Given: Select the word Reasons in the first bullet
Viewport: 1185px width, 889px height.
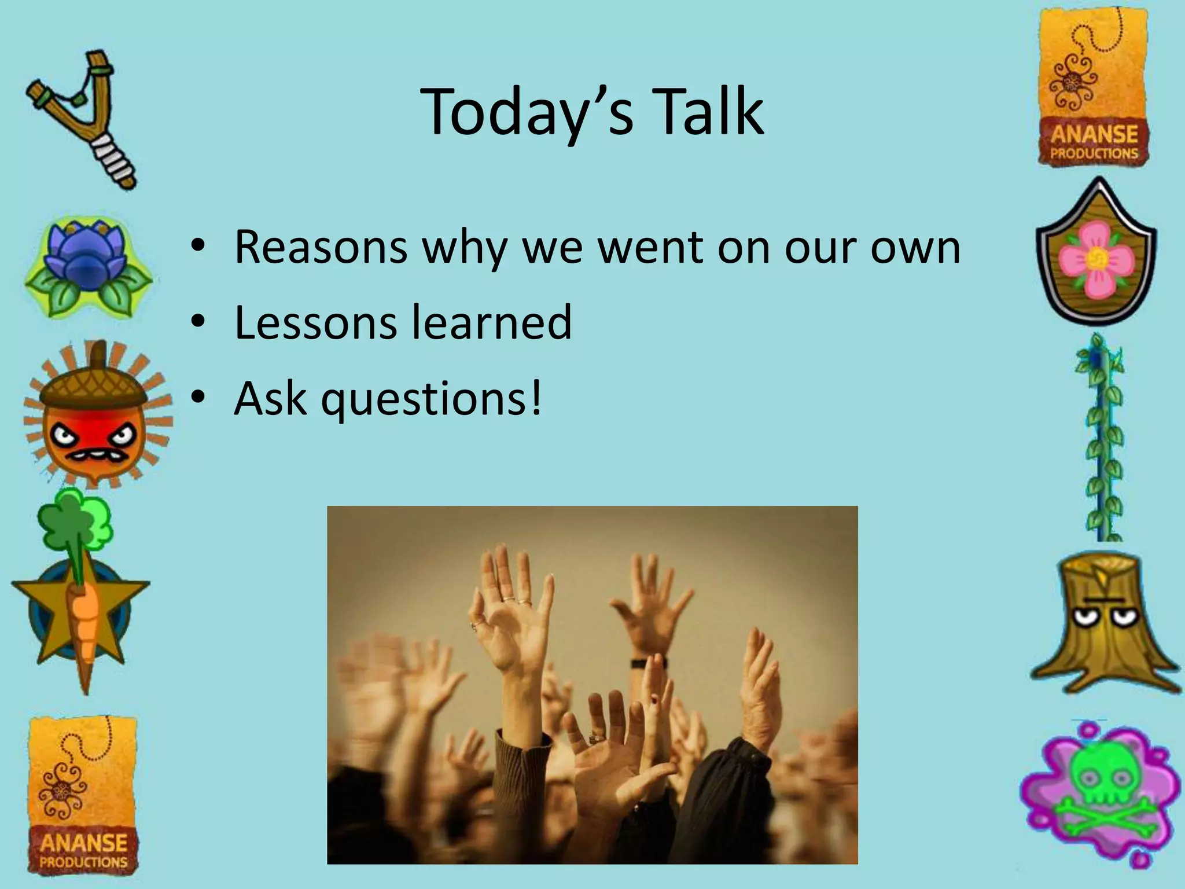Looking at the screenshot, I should [x=321, y=248].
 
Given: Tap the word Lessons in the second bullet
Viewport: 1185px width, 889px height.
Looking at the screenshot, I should [x=316, y=322].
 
